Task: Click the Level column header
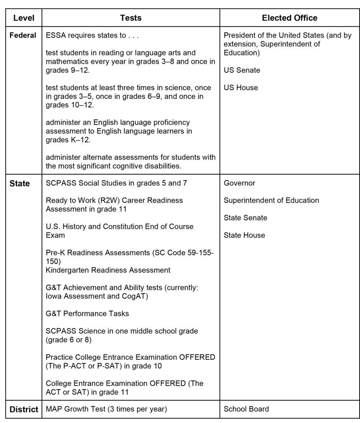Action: pyautogui.click(x=24, y=18)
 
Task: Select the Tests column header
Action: pyautogui.click(x=131, y=18)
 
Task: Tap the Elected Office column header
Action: pyautogui.click(x=289, y=18)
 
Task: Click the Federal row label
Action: pyautogui.click(x=23, y=36)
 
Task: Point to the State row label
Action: pyautogui.click(x=19, y=183)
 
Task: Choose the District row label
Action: pyautogui.click(x=23, y=409)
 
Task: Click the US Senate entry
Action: pyautogui.click(x=242, y=70)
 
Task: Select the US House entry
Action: pyautogui.click(x=241, y=88)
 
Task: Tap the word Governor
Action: pyautogui.click(x=239, y=183)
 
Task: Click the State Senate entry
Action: pyautogui.click(x=245, y=218)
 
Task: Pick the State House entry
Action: pyautogui.click(x=244, y=235)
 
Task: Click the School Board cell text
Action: pyautogui.click(x=246, y=409)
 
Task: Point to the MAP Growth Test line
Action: pyautogui.click(x=106, y=409)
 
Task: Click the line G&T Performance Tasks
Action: pyautogui.click(x=87, y=314)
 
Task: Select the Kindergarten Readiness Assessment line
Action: pyautogui.click(x=108, y=270)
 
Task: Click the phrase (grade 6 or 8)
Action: pyautogui.click(x=69, y=340)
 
